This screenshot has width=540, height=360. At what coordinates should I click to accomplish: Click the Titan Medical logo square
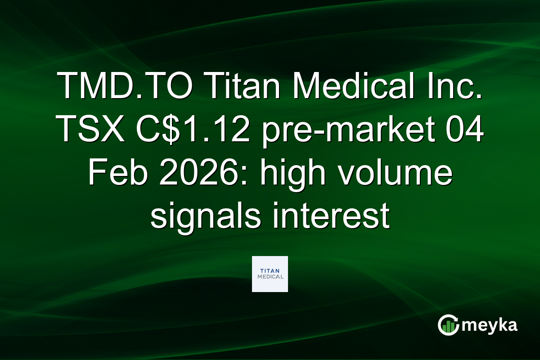[270, 274]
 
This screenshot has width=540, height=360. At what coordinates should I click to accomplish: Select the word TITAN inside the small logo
[270, 270]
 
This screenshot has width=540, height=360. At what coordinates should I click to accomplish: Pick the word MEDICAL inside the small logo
[270, 277]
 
